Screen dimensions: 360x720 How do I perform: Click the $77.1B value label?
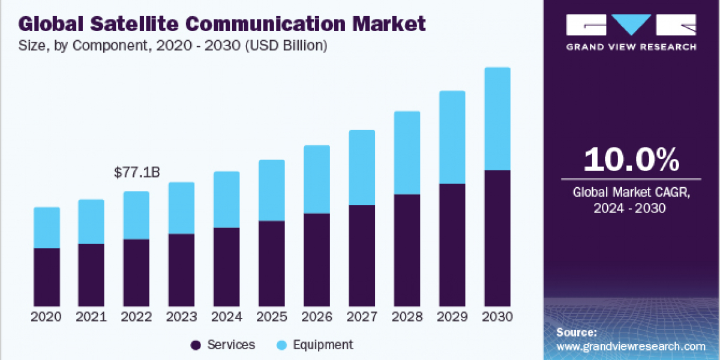point(137,173)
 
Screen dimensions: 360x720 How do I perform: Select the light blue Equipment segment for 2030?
point(497,119)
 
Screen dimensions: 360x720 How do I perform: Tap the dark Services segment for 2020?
point(47,277)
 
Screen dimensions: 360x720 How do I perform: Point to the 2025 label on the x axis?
point(272,317)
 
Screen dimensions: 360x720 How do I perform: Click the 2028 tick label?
point(407,317)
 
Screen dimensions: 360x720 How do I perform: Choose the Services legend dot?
point(195,345)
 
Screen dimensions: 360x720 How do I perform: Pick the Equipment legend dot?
point(281,345)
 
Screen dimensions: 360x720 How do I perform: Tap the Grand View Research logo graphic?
point(631,25)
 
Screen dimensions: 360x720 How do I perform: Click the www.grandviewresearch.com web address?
point(631,346)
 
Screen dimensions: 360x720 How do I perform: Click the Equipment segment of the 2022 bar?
point(137,215)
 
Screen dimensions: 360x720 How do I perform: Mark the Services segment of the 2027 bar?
point(362,256)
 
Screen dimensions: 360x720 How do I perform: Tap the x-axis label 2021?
point(91,317)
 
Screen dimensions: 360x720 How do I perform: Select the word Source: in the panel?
point(577,332)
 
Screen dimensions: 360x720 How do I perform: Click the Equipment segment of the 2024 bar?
point(227,200)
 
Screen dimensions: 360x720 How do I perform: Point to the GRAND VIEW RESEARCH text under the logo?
point(631,47)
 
